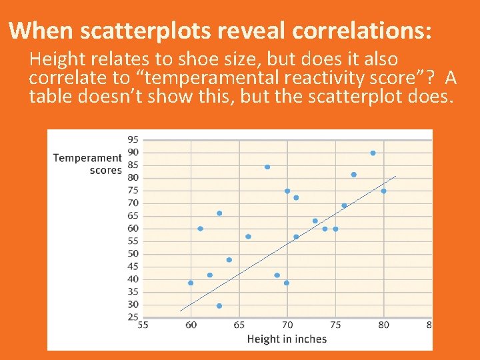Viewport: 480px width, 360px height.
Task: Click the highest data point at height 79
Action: click(x=373, y=153)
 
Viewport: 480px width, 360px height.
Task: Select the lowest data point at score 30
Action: click(x=219, y=306)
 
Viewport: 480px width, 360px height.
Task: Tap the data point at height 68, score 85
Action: click(x=267, y=167)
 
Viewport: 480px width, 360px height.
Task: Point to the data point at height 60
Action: click(x=191, y=283)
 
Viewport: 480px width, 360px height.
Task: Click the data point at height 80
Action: click(x=383, y=191)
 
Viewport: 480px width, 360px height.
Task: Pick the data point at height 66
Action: click(x=248, y=237)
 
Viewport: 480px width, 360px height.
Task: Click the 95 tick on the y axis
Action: click(x=133, y=140)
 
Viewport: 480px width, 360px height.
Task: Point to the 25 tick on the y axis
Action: click(x=133, y=317)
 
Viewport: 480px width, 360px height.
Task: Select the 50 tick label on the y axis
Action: click(x=133, y=254)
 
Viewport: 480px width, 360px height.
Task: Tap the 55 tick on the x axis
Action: click(x=143, y=325)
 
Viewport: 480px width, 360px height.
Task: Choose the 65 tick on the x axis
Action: click(x=239, y=325)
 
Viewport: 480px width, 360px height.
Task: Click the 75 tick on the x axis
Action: click(x=335, y=325)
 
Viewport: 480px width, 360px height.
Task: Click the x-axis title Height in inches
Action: click(x=287, y=339)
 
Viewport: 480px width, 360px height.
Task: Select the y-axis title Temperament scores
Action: click(x=87, y=164)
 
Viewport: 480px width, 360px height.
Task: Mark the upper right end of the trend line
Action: click(x=395, y=177)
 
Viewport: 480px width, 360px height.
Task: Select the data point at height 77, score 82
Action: click(x=353, y=175)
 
